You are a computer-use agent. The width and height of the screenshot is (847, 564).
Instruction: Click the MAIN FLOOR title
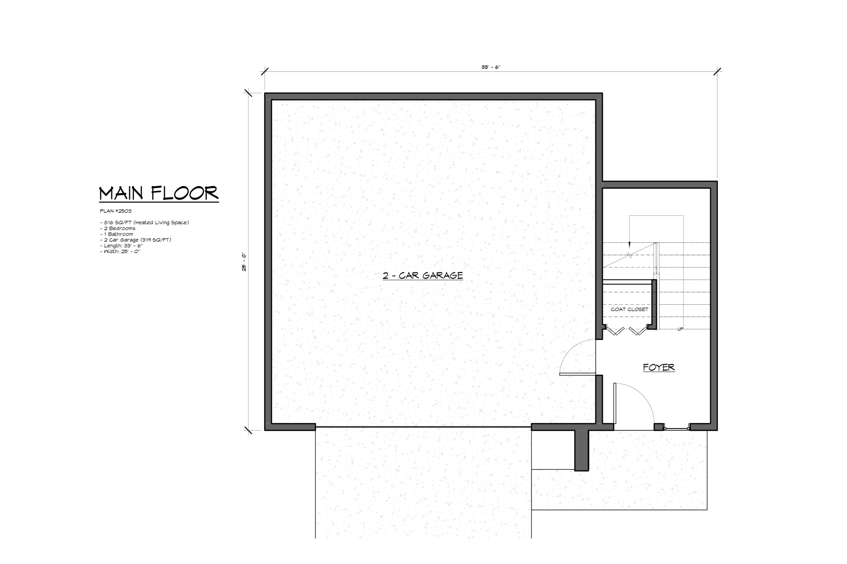pyautogui.click(x=159, y=194)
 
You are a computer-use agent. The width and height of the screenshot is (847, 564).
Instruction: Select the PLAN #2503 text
pyautogui.click(x=115, y=211)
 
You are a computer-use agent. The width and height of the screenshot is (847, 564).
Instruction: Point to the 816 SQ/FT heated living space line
pyautogui.click(x=144, y=223)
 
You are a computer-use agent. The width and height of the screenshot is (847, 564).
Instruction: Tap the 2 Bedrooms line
pyautogui.click(x=118, y=228)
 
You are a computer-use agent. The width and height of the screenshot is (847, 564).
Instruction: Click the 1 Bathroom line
pyautogui.click(x=116, y=234)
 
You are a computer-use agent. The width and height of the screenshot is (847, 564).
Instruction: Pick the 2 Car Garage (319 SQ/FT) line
pyautogui.click(x=135, y=240)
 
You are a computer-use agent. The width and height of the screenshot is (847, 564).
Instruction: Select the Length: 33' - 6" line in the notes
pyautogui.click(x=121, y=246)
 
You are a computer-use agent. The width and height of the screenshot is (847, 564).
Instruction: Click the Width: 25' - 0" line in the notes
pyautogui.click(x=120, y=251)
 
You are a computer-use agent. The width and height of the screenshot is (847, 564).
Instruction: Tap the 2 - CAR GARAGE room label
pyautogui.click(x=423, y=276)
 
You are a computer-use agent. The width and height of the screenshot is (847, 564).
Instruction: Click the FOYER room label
pyautogui.click(x=659, y=367)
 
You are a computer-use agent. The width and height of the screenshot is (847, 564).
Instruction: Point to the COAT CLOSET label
pyautogui.click(x=630, y=309)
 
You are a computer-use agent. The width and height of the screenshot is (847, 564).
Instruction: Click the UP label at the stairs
pyautogui.click(x=680, y=329)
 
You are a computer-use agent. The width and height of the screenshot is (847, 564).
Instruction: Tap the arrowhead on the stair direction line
pyautogui.click(x=630, y=244)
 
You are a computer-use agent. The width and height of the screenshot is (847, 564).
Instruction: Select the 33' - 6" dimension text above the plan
pyautogui.click(x=491, y=67)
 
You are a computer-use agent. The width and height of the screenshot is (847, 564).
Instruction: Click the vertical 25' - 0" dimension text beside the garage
pyautogui.click(x=244, y=262)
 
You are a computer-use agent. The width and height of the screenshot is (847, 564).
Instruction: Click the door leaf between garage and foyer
pyautogui.click(x=578, y=374)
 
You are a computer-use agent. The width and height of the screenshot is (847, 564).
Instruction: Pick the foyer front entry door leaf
pyautogui.click(x=615, y=403)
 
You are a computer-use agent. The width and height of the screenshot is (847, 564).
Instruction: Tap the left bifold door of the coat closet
pyautogui.click(x=615, y=330)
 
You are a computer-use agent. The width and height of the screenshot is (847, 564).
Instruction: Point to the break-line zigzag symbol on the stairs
pyautogui.click(x=630, y=255)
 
